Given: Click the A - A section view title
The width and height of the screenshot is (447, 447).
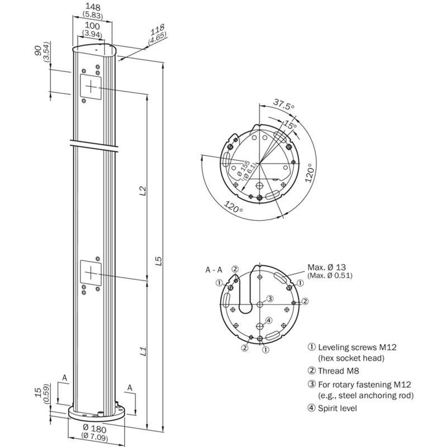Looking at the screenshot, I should click(213, 270).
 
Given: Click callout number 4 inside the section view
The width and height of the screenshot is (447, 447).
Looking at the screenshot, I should click(269, 320).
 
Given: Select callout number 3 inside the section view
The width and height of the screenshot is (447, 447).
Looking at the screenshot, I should click(269, 299).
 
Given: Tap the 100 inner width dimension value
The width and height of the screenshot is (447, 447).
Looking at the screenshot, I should click(93, 26).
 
